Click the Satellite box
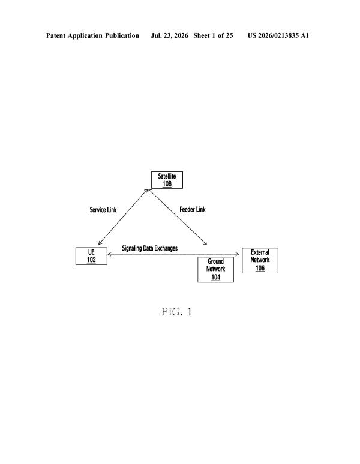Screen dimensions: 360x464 pos(167,180)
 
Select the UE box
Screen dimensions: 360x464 pos(91,256)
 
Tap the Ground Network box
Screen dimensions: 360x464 pos(215,269)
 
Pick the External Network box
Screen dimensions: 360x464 pos(260,260)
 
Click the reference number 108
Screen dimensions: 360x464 pos(167,184)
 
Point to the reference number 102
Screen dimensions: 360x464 pos(91,260)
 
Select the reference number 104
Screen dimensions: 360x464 pos(216,278)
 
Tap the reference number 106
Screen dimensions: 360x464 pos(260,268)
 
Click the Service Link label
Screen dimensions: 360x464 pos(103,210)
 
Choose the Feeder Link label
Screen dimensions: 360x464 pos(193,209)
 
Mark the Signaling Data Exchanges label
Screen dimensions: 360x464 pos(150,248)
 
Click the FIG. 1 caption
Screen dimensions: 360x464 pos(177,312)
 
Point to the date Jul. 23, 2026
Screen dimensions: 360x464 pos(169,35)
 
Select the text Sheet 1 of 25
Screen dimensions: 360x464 pos(213,35)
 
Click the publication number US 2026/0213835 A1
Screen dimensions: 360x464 pos(278,35)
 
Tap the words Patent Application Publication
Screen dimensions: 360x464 pos(92,35)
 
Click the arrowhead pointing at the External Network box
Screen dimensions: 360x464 pos(238,254)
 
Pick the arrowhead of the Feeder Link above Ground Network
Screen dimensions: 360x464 pos(205,243)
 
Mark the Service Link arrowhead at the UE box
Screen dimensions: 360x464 pos(100,243)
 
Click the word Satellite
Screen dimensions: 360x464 pos(167,176)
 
